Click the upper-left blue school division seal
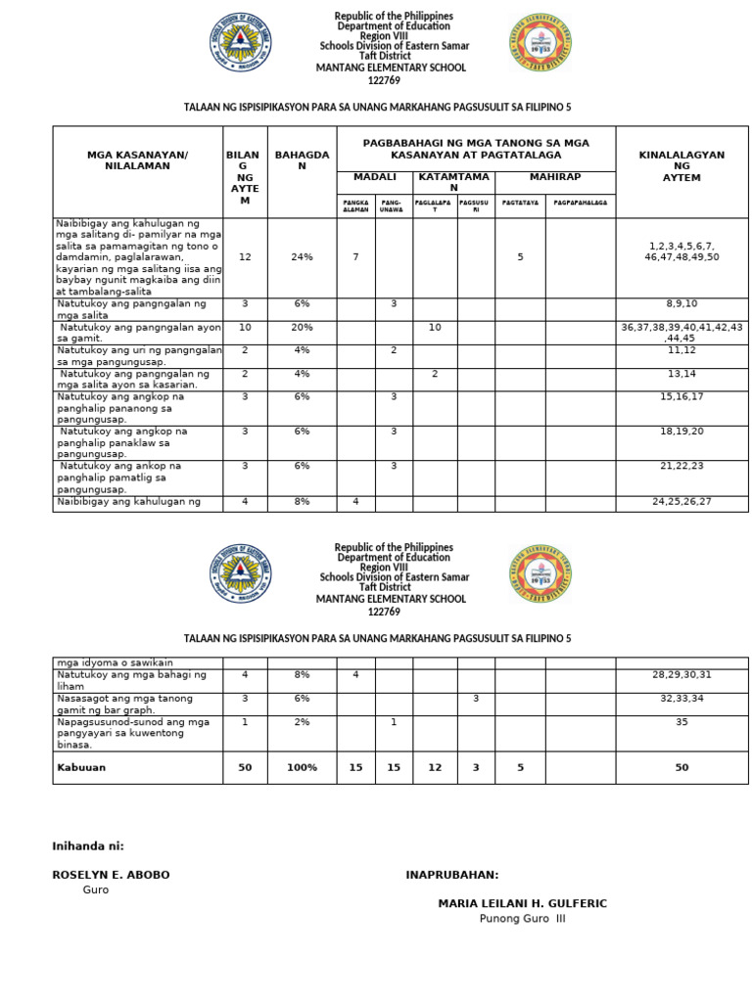click(241, 44)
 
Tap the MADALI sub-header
click(375, 176)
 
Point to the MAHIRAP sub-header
click(555, 176)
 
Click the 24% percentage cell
click(301, 256)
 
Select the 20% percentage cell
click(301, 326)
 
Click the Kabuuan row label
click(80, 767)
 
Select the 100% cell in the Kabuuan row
click(301, 767)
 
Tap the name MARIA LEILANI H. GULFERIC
click(522, 903)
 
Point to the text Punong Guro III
click(522, 919)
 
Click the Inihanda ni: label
click(88, 845)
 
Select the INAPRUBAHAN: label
click(451, 874)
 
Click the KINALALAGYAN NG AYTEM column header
click(681, 166)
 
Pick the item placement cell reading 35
click(681, 721)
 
